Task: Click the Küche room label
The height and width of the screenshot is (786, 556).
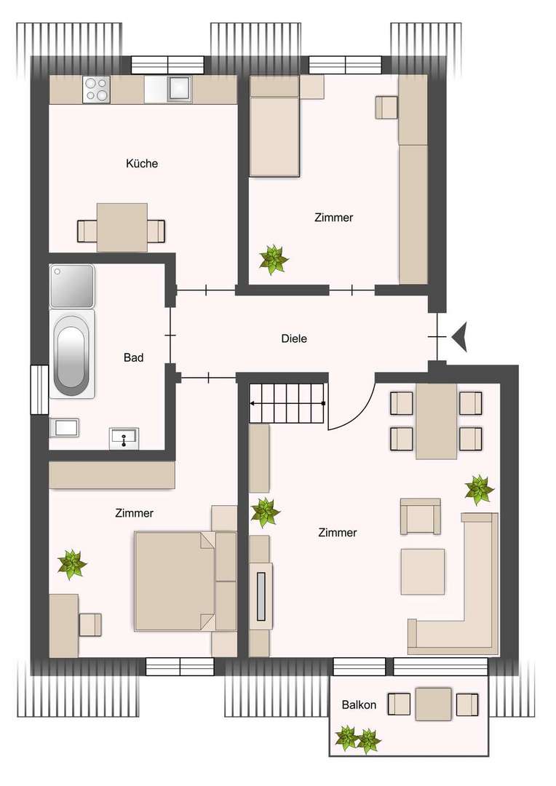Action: click(x=142, y=164)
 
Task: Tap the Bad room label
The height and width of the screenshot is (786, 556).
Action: click(x=133, y=357)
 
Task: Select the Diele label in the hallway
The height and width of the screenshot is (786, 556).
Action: click(x=294, y=338)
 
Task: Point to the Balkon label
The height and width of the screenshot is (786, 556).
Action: click(x=359, y=704)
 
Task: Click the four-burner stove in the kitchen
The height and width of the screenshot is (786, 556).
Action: click(x=97, y=89)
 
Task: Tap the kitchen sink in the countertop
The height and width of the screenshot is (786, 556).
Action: click(x=179, y=89)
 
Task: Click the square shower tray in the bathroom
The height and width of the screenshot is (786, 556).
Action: click(x=72, y=285)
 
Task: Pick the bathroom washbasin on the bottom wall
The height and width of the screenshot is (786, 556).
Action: click(x=124, y=439)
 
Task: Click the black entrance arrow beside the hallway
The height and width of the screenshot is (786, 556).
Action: click(x=459, y=338)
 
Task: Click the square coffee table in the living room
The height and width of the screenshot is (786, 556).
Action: click(x=422, y=571)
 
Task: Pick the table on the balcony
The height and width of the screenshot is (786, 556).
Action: click(x=434, y=704)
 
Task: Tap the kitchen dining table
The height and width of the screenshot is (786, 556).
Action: click(x=122, y=228)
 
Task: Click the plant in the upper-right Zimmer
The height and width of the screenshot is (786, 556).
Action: click(x=274, y=259)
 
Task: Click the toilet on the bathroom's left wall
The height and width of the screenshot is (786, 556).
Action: click(x=64, y=427)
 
